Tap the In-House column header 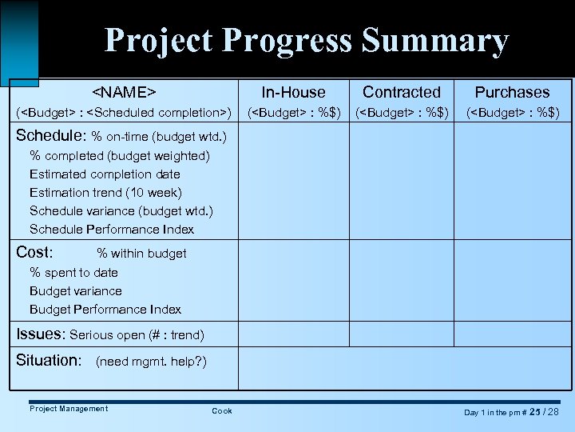pyautogui.click(x=294, y=92)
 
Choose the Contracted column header pyautogui.click(x=402, y=92)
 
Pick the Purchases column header pyautogui.click(x=513, y=92)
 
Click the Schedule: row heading pyautogui.click(x=51, y=135)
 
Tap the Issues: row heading pyautogui.click(x=41, y=334)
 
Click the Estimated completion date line pyautogui.click(x=105, y=174)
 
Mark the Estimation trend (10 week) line pyautogui.click(x=105, y=193)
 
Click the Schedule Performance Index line pyautogui.click(x=112, y=230)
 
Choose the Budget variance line pyautogui.click(x=76, y=291)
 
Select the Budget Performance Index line pyautogui.click(x=105, y=310)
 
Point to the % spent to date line pyautogui.click(x=73, y=273)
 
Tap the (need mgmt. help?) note pyautogui.click(x=151, y=362)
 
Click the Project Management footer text pyautogui.click(x=69, y=409)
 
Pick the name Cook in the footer pyautogui.click(x=222, y=411)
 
